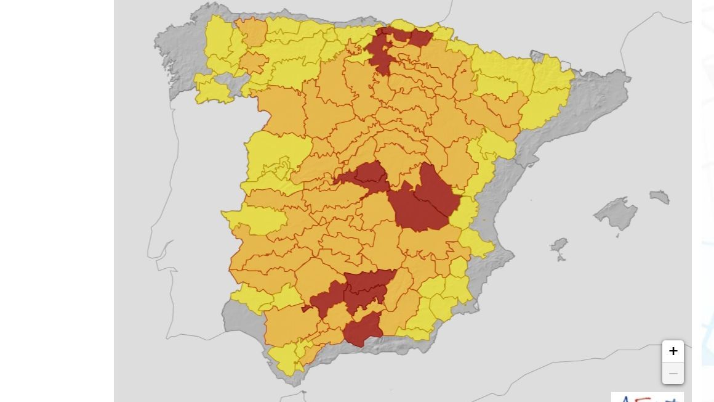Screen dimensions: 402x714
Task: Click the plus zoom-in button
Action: (673, 351)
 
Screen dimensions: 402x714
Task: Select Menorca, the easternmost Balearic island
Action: (660, 197)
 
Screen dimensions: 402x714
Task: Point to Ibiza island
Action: (560, 245)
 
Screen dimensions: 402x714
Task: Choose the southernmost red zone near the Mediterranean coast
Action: (362, 329)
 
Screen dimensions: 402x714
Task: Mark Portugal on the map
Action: (185, 216)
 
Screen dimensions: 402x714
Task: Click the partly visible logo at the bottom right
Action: (646, 398)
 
